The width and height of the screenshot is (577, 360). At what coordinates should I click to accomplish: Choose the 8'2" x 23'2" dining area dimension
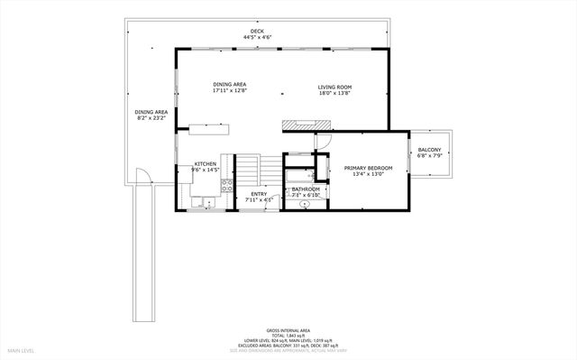point(151,118)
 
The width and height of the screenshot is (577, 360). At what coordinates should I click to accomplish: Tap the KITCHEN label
point(206,164)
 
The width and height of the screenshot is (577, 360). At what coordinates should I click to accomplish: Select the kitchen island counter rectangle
point(208,128)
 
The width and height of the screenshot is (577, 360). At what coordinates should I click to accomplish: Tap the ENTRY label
point(259,192)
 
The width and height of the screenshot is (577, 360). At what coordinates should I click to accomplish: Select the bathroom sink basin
point(305,205)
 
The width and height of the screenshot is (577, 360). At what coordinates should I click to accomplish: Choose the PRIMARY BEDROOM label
point(363,168)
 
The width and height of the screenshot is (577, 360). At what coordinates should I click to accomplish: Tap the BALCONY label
point(429,150)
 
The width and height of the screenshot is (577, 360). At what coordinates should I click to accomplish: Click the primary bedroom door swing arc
point(321,141)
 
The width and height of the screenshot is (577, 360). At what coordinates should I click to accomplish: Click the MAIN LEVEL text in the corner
point(22,349)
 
